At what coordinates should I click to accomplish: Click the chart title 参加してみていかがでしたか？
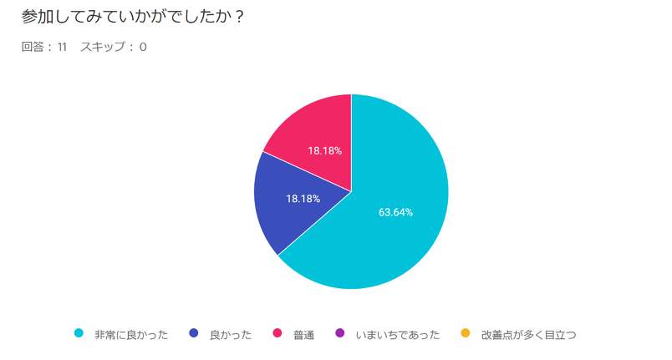point(133,17)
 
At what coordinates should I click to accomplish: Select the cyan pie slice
point(393,226)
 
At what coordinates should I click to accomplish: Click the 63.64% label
point(395,212)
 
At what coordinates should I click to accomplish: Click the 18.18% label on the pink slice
point(324,151)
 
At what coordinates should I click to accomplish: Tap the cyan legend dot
point(79,333)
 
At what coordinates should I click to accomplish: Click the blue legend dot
point(194,333)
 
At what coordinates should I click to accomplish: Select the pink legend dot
point(277,333)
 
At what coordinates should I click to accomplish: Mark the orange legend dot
point(466,333)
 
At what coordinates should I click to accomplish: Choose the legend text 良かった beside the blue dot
point(231,334)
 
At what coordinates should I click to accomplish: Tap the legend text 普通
point(303,334)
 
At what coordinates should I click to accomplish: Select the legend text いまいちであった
point(398,334)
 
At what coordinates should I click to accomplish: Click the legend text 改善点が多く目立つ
point(528,334)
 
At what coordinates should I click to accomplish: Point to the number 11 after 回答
point(63,47)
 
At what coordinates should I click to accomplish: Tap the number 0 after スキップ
point(143,47)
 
